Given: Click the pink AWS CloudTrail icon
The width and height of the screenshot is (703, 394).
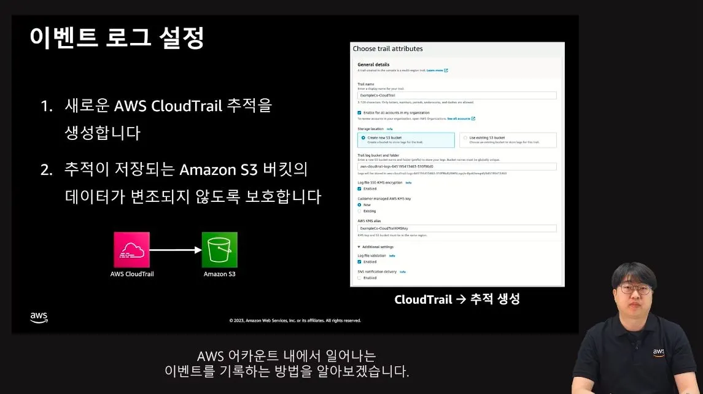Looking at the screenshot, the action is (131, 249).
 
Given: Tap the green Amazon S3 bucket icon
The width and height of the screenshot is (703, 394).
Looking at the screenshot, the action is (220, 249).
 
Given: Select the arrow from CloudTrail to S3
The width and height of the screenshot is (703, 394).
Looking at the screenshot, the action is (176, 250).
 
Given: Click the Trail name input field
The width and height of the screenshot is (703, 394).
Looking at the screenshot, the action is (457, 96).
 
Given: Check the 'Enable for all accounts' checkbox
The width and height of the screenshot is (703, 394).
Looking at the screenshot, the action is (360, 112).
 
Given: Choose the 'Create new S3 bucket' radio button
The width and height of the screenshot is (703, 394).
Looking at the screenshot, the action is (363, 137).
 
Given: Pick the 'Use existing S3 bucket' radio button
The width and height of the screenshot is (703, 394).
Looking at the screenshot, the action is (465, 137).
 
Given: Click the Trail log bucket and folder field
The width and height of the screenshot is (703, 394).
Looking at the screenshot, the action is (457, 166).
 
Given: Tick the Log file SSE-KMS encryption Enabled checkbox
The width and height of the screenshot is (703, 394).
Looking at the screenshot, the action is (360, 188).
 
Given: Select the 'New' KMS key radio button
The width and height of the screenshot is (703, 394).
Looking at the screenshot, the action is (360, 204).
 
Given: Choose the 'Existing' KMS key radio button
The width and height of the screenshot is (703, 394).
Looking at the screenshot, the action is (360, 211).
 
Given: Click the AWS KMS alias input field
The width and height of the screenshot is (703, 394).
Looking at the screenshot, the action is (457, 228).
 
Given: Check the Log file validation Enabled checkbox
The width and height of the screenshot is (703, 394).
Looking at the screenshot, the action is (360, 261).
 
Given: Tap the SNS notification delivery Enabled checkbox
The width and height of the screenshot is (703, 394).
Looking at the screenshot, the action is (360, 277).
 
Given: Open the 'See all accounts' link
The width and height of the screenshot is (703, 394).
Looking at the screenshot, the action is (460, 118).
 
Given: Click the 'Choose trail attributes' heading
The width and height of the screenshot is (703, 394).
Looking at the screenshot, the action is (387, 48).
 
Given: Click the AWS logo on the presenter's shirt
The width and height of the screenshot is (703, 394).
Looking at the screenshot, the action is (658, 352).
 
